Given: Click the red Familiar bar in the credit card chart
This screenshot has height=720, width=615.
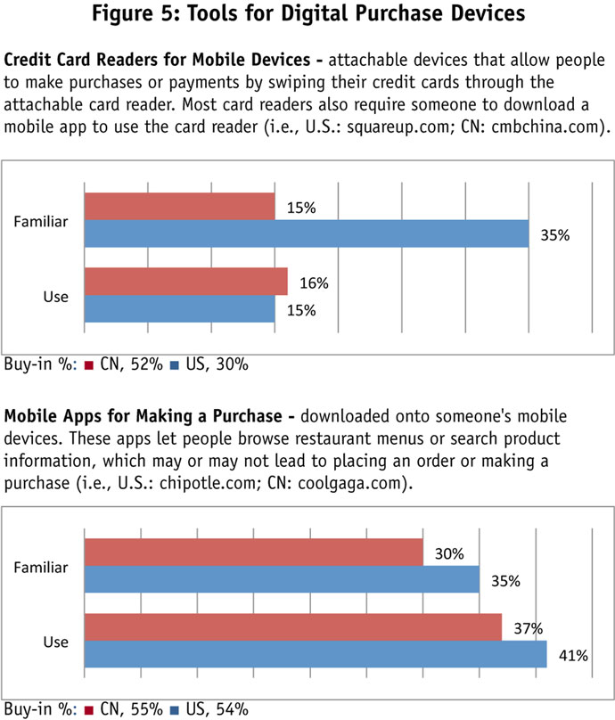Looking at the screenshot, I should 179,207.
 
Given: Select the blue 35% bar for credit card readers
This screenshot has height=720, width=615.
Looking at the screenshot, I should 306,234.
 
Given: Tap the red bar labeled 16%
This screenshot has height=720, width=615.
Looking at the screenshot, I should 185,282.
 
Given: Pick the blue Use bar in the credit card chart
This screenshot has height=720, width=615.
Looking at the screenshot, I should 179,309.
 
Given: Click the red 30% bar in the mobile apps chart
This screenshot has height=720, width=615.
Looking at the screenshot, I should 253,552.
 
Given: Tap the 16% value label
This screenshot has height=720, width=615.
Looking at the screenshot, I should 314,283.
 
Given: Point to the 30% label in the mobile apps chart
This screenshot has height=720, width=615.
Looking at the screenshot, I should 448,553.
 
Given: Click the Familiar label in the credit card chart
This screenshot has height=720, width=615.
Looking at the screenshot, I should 42,220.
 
